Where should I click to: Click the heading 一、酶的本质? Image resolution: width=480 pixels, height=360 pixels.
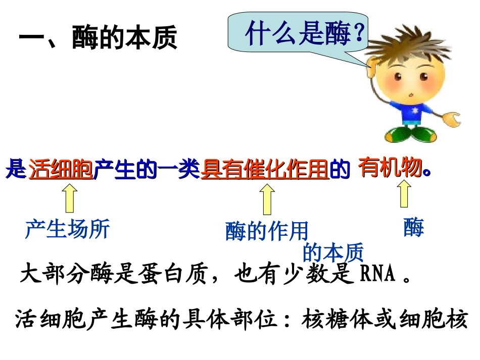pos(98,39)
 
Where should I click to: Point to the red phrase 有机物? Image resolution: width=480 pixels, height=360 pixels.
pos(389,168)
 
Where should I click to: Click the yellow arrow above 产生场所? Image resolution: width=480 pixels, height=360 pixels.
pos(70,198)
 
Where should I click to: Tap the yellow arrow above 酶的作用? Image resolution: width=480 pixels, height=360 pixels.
pos(267,199)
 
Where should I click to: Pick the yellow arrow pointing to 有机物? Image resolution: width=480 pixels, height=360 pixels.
pos(404,194)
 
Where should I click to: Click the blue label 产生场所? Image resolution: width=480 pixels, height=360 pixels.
pos(67,229)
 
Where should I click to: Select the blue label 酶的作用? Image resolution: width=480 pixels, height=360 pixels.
pos(266,231)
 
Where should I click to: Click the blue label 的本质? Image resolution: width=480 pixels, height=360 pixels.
pos(333,252)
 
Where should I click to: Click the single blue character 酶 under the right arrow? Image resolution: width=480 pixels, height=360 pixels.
pos(413,228)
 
